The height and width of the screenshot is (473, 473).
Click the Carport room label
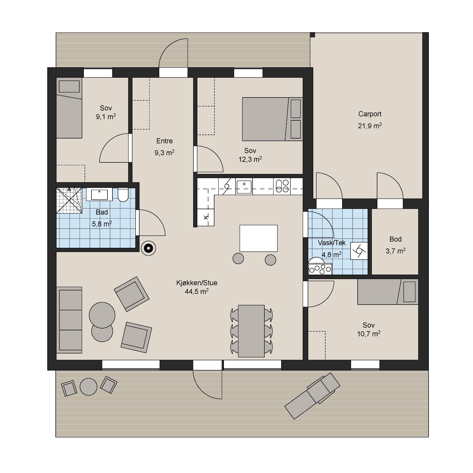370,114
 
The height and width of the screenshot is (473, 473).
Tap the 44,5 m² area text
197,291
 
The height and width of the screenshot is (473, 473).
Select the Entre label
164,141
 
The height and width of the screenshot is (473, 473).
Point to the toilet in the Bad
123,195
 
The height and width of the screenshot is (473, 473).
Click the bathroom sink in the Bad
99,194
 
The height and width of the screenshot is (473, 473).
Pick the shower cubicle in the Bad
69,200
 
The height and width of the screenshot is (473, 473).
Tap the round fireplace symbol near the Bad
148,248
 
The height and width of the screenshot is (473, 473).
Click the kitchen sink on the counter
244,187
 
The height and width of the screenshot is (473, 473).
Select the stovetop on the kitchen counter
282,186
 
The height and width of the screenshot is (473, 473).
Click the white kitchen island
259,238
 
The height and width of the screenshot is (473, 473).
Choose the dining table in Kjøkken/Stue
251,331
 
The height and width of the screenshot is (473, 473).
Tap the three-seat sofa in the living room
69,320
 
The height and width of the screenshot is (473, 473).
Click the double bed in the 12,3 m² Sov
273,119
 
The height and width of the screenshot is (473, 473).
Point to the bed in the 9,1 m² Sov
69,108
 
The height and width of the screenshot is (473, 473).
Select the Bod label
395,239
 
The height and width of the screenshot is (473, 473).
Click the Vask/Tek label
332,243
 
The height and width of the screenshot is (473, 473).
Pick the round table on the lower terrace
89,387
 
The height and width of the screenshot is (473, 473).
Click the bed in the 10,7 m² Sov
388,292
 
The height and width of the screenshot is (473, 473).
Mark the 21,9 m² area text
370,126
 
